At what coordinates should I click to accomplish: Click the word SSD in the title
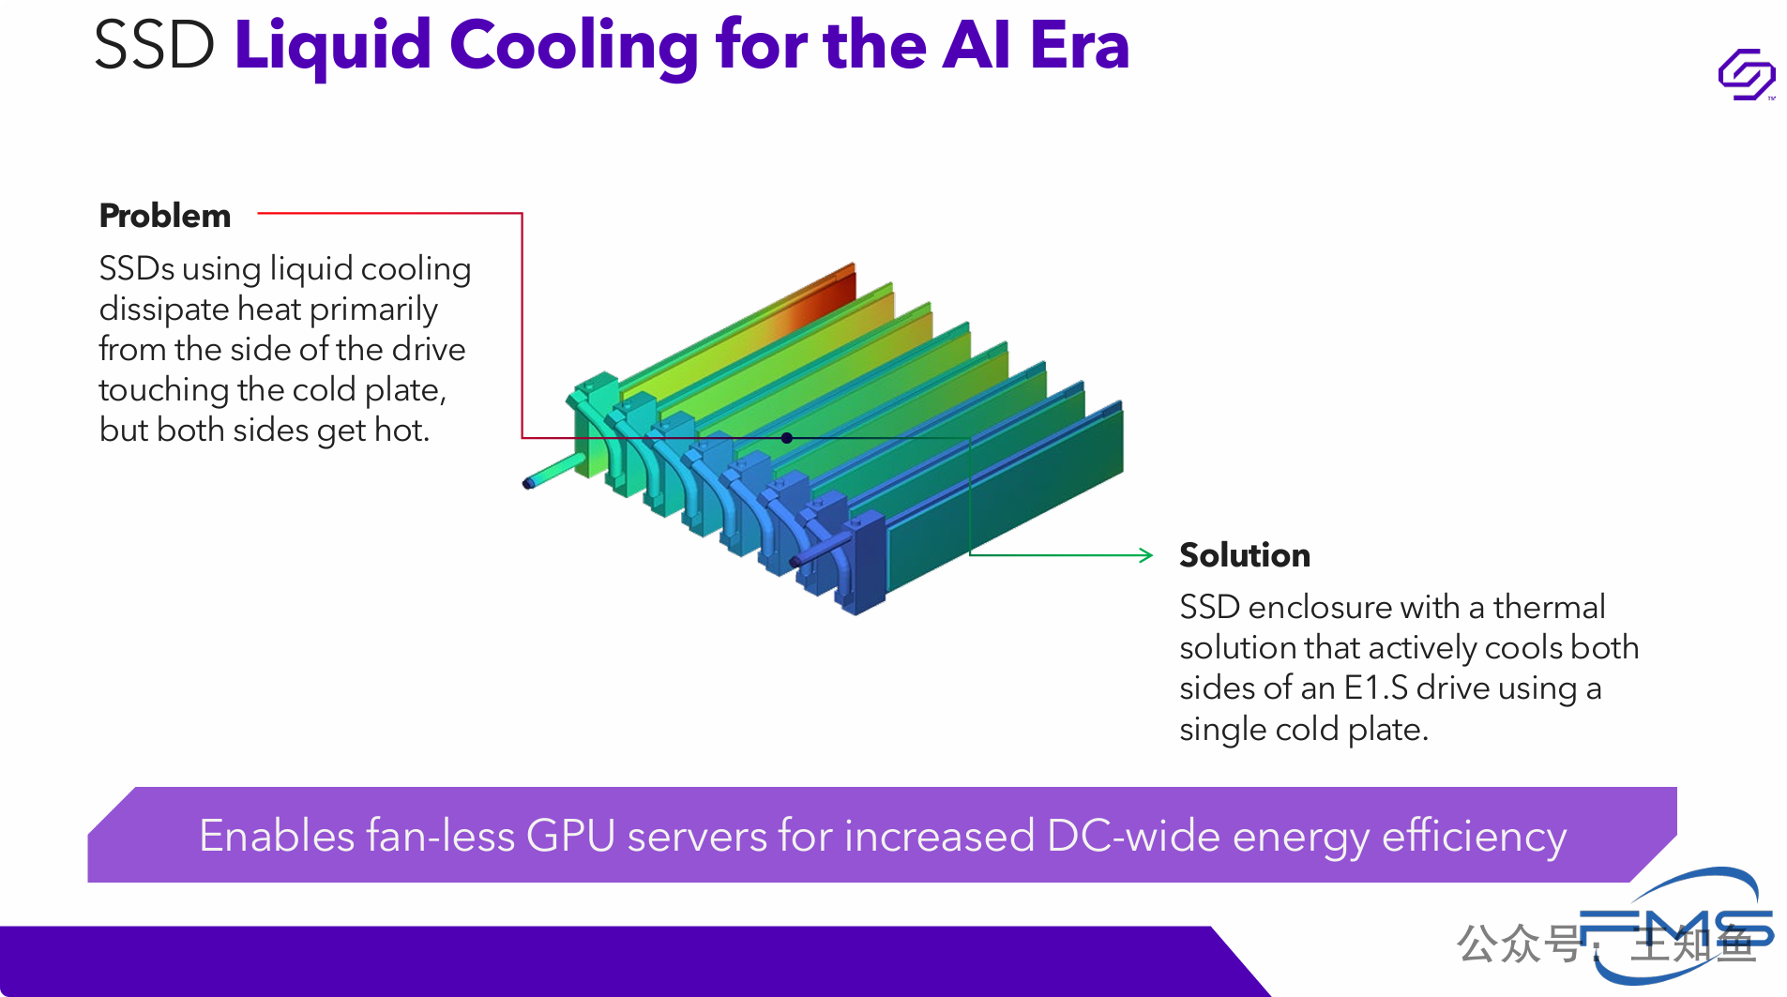tap(155, 45)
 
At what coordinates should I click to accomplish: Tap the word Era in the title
tap(1080, 45)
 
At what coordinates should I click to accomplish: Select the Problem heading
tap(165, 216)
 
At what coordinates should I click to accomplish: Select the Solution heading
tap(1245, 555)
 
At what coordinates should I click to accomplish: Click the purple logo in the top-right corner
tap(1747, 74)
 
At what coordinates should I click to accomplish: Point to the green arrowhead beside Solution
tap(1145, 555)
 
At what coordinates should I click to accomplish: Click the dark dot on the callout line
tap(787, 438)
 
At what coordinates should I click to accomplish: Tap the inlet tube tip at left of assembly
tap(529, 483)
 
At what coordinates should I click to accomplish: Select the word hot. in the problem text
tap(401, 430)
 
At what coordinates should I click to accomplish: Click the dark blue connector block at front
tap(867, 563)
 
